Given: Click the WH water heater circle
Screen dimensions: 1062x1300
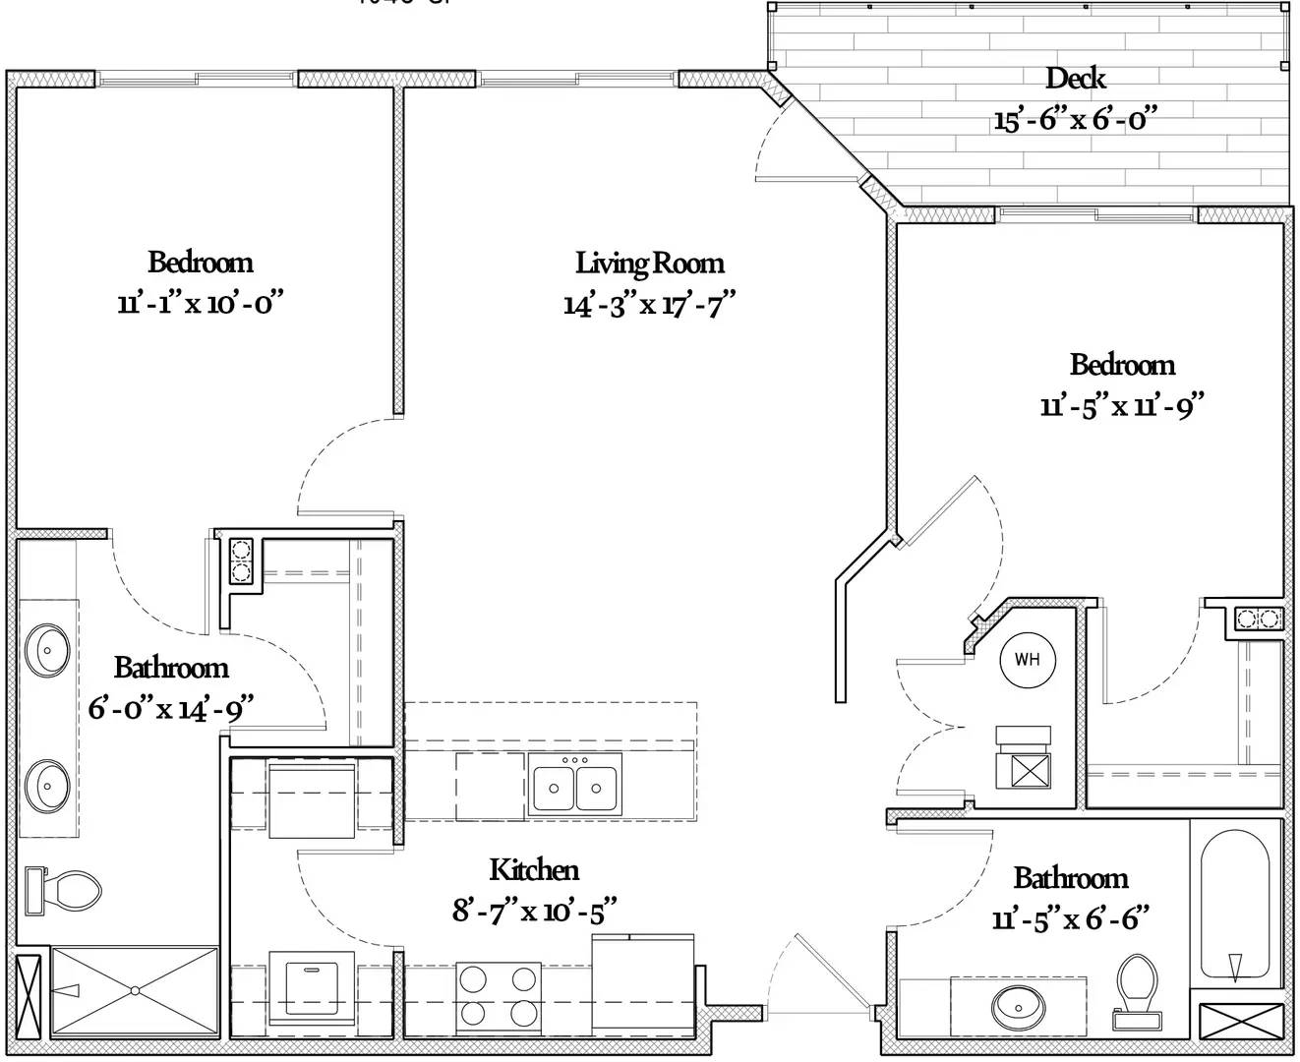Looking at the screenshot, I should [1027, 659].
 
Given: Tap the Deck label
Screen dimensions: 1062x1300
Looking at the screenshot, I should [1075, 78].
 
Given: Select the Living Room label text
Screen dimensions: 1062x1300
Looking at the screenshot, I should [649, 264].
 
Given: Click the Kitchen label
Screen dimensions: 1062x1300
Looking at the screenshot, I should [534, 869].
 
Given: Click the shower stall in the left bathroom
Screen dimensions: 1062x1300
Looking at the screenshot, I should [135, 990].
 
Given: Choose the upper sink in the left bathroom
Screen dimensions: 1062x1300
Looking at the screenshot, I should [47, 648].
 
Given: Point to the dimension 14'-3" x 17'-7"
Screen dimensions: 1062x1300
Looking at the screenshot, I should [649, 304].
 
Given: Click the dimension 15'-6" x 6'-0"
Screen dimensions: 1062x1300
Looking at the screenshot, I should [1074, 120].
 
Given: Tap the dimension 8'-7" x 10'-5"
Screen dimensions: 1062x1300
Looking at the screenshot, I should [534, 911].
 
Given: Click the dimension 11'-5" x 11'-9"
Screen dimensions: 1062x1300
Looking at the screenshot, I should [1122, 405].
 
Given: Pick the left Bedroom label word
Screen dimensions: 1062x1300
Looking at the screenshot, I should [200, 262].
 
